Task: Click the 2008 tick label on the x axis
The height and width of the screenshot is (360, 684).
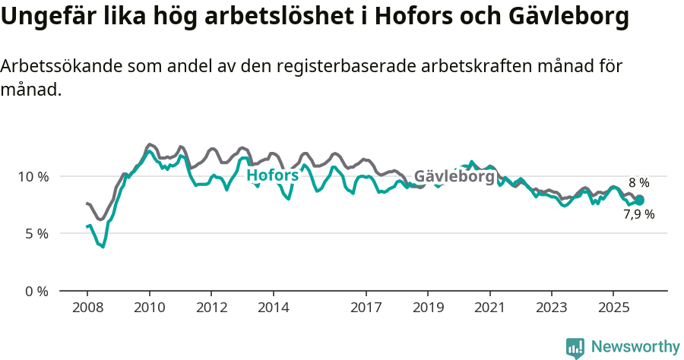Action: tap(87, 308)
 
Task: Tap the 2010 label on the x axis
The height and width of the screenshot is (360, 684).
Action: tap(149, 308)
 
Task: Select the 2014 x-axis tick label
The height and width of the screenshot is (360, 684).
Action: tap(273, 308)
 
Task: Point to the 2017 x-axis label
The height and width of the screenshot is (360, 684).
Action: tap(366, 308)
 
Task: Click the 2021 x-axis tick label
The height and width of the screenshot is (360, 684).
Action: tap(489, 308)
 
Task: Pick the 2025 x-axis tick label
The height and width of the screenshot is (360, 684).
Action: tap(613, 308)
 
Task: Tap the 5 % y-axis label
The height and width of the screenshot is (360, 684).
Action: tap(37, 234)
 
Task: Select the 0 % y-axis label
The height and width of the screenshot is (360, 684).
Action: tap(37, 291)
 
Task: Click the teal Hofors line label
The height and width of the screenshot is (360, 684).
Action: tap(272, 175)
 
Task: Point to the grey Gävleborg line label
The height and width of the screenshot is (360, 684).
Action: tap(454, 175)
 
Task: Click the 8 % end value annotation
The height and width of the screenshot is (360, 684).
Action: tap(638, 183)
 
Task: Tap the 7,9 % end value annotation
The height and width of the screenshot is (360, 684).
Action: tap(638, 214)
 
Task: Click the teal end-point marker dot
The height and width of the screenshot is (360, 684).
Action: tap(639, 201)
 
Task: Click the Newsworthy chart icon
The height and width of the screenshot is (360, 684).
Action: tap(575, 348)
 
